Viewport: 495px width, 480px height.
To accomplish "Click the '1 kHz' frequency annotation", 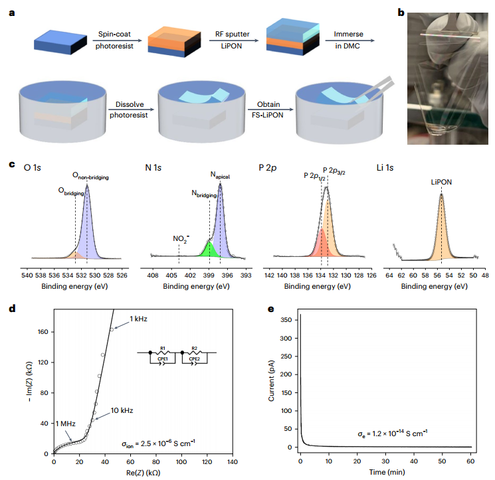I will (x=138, y=319).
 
